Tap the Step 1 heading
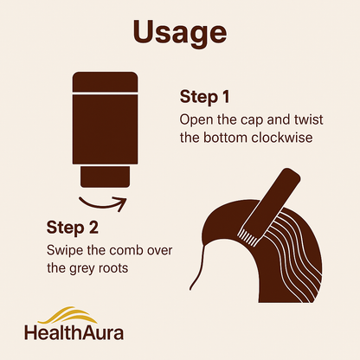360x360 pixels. click(205, 97)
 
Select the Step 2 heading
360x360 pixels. click(73, 228)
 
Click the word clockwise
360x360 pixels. click(282, 138)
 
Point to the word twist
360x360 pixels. click(309, 119)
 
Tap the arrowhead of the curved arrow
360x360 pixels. click(121, 203)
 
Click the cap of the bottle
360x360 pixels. click(105, 82)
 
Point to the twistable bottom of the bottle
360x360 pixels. click(105, 177)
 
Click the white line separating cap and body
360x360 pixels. click(105, 93)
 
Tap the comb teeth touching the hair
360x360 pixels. click(248, 235)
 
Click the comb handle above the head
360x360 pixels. click(271, 202)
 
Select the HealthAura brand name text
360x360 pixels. click(74, 332)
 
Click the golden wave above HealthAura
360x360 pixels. click(68, 315)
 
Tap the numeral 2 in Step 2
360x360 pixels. click(93, 228)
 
